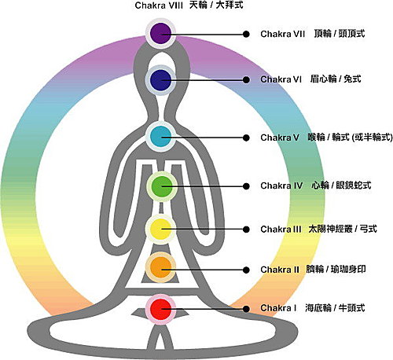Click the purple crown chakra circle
pos(160,33)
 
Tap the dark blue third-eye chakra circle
pos(160,80)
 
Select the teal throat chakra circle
pos(160,137)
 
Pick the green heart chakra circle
pos(162,186)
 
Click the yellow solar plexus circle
pos(160,229)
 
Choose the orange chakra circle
pos(160,267)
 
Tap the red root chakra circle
pos(160,309)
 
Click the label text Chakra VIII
pos(159,6)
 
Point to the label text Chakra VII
pos(282,34)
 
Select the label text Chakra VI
pos(281,79)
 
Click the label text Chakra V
pos(280,138)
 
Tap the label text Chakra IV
pos(281,186)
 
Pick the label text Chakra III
pos(281,230)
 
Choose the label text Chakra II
pos(280,270)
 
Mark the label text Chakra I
pos(278,308)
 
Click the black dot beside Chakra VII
pos(246,34)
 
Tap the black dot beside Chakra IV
pos(246,186)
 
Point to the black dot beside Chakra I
pos(246,309)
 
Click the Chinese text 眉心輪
pos(323,79)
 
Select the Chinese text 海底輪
pos(318,307)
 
